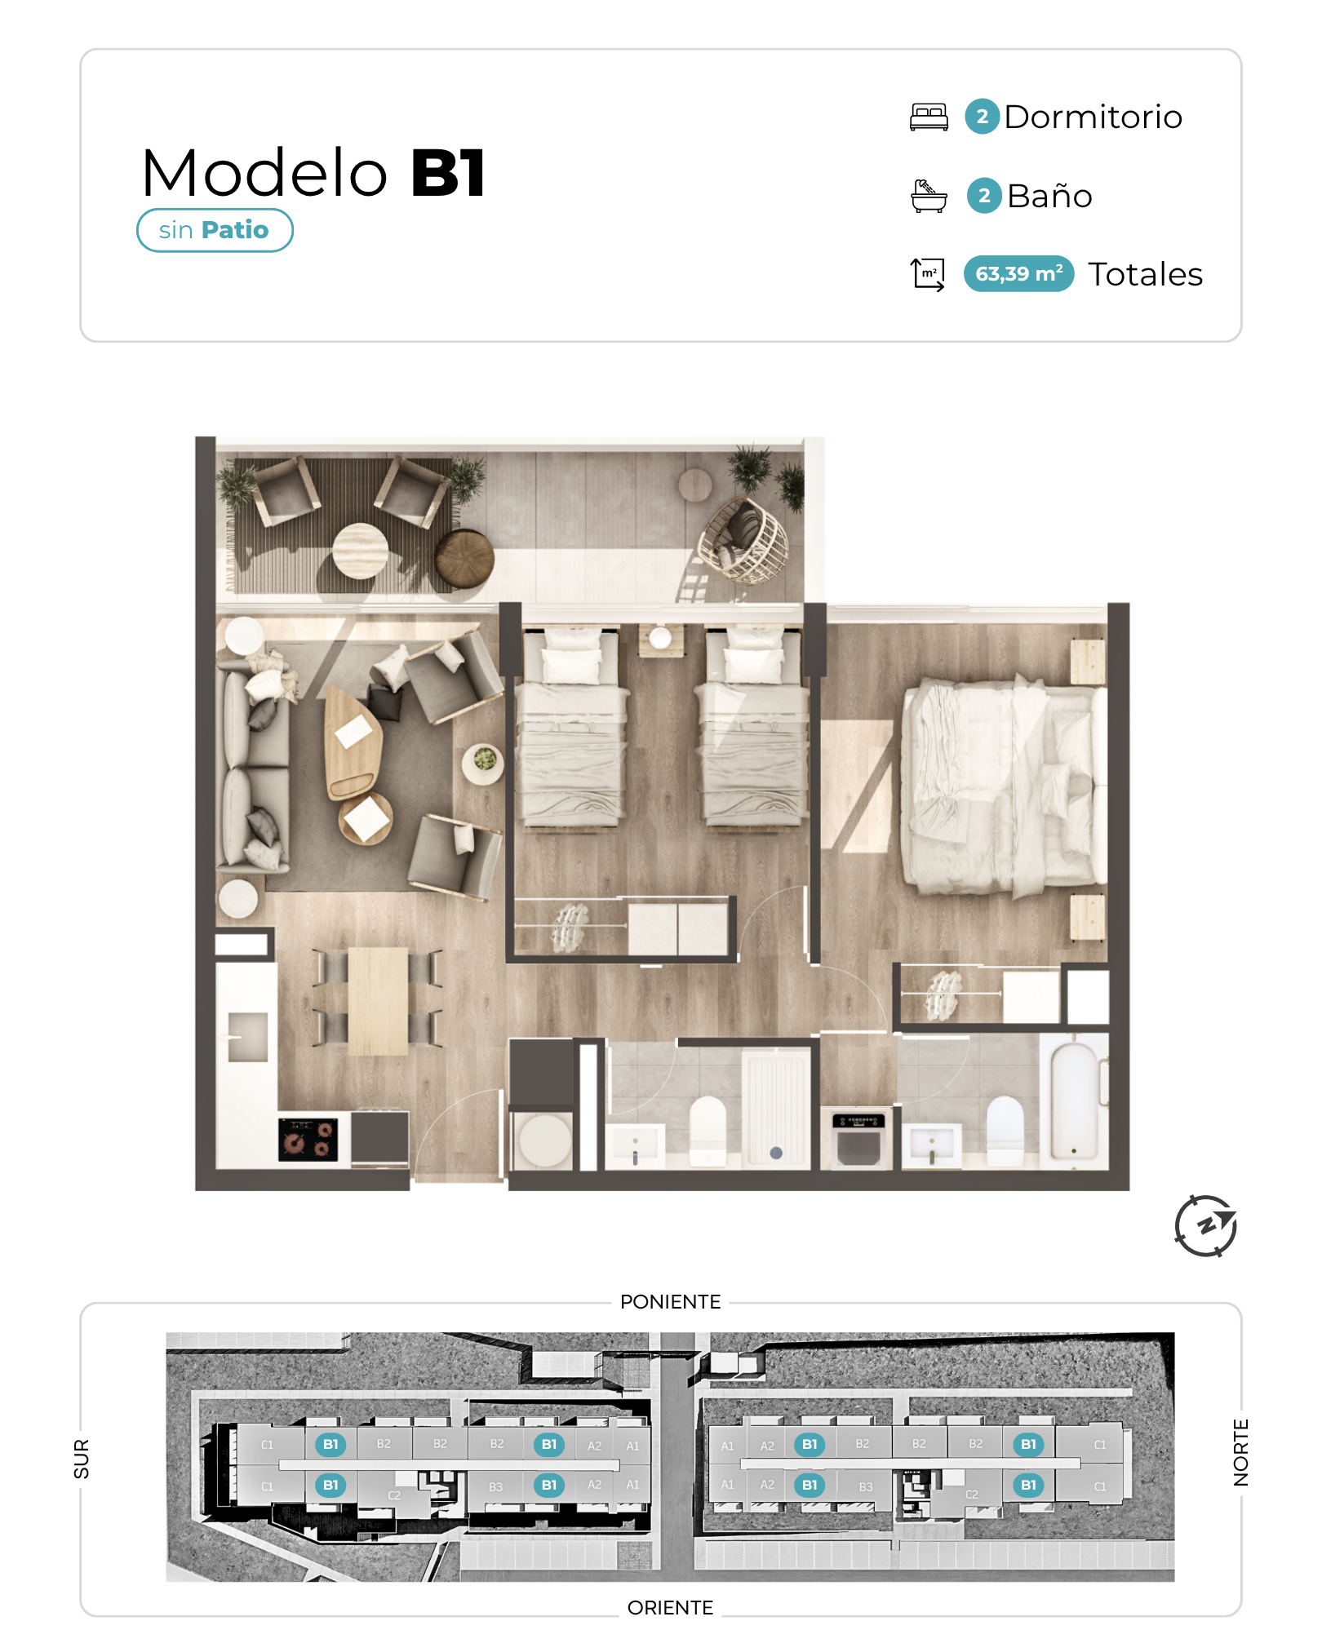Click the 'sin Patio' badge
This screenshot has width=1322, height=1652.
215,230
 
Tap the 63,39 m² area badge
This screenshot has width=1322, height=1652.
1018,273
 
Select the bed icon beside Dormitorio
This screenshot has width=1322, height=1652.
929,117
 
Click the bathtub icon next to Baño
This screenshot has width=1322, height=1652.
929,196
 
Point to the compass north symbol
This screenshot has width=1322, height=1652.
1205,1225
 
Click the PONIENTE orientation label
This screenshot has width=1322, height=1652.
670,1301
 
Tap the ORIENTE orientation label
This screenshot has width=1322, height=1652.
670,1607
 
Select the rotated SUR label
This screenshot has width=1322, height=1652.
82,1459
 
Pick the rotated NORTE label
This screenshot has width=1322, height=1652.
1240,1452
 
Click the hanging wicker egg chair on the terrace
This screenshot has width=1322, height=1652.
743,540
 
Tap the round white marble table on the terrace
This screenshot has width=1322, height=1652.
360,551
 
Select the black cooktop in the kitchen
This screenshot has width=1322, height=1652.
308,1139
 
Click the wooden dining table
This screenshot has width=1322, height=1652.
378,1001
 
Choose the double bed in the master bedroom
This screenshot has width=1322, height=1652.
1004,786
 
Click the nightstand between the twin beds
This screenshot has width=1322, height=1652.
661,640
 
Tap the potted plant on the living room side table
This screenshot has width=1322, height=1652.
484,760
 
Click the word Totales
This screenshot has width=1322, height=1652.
1145,274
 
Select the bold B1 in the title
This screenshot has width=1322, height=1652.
448,173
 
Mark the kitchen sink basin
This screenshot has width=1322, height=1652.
247,1037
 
